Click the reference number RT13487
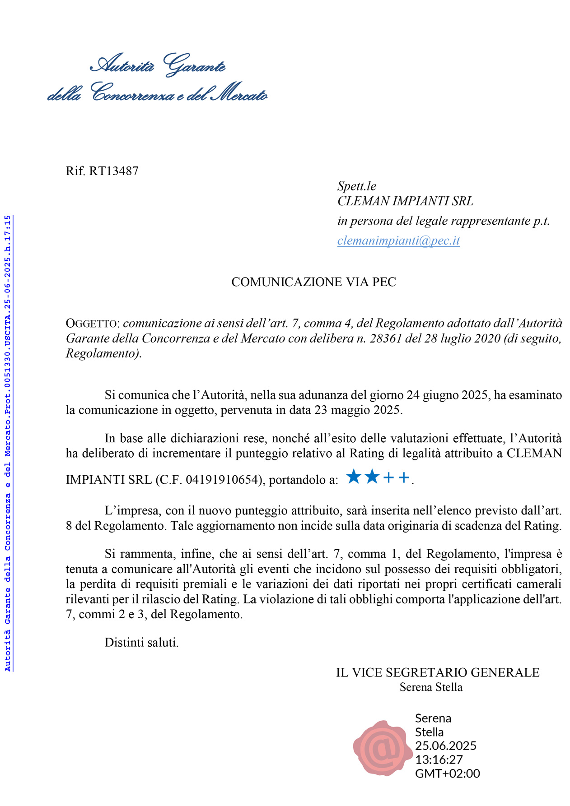click(x=114, y=171)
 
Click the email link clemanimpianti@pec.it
click(x=398, y=241)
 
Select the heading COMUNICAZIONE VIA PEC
click(x=313, y=282)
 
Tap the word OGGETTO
click(x=92, y=324)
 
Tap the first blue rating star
click(x=354, y=477)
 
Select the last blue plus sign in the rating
click(x=404, y=477)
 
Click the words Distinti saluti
click(x=141, y=642)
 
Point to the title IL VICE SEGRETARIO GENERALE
click(x=437, y=672)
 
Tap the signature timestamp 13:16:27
click(x=439, y=760)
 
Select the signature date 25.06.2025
click(x=445, y=746)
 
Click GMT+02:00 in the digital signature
click(x=447, y=774)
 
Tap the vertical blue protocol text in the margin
click(x=8, y=442)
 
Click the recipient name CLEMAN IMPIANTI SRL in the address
click(x=405, y=201)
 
